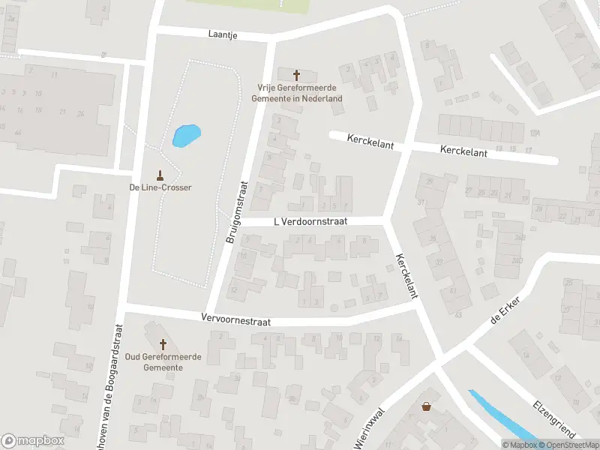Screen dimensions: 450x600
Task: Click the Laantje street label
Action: [223, 34]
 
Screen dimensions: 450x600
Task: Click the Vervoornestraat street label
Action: [235, 319]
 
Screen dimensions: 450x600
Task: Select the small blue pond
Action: [186, 135]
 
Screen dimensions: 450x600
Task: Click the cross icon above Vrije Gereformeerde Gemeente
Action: [296, 75]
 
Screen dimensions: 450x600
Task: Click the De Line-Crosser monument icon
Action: [159, 175]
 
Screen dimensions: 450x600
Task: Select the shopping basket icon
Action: [427, 406]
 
